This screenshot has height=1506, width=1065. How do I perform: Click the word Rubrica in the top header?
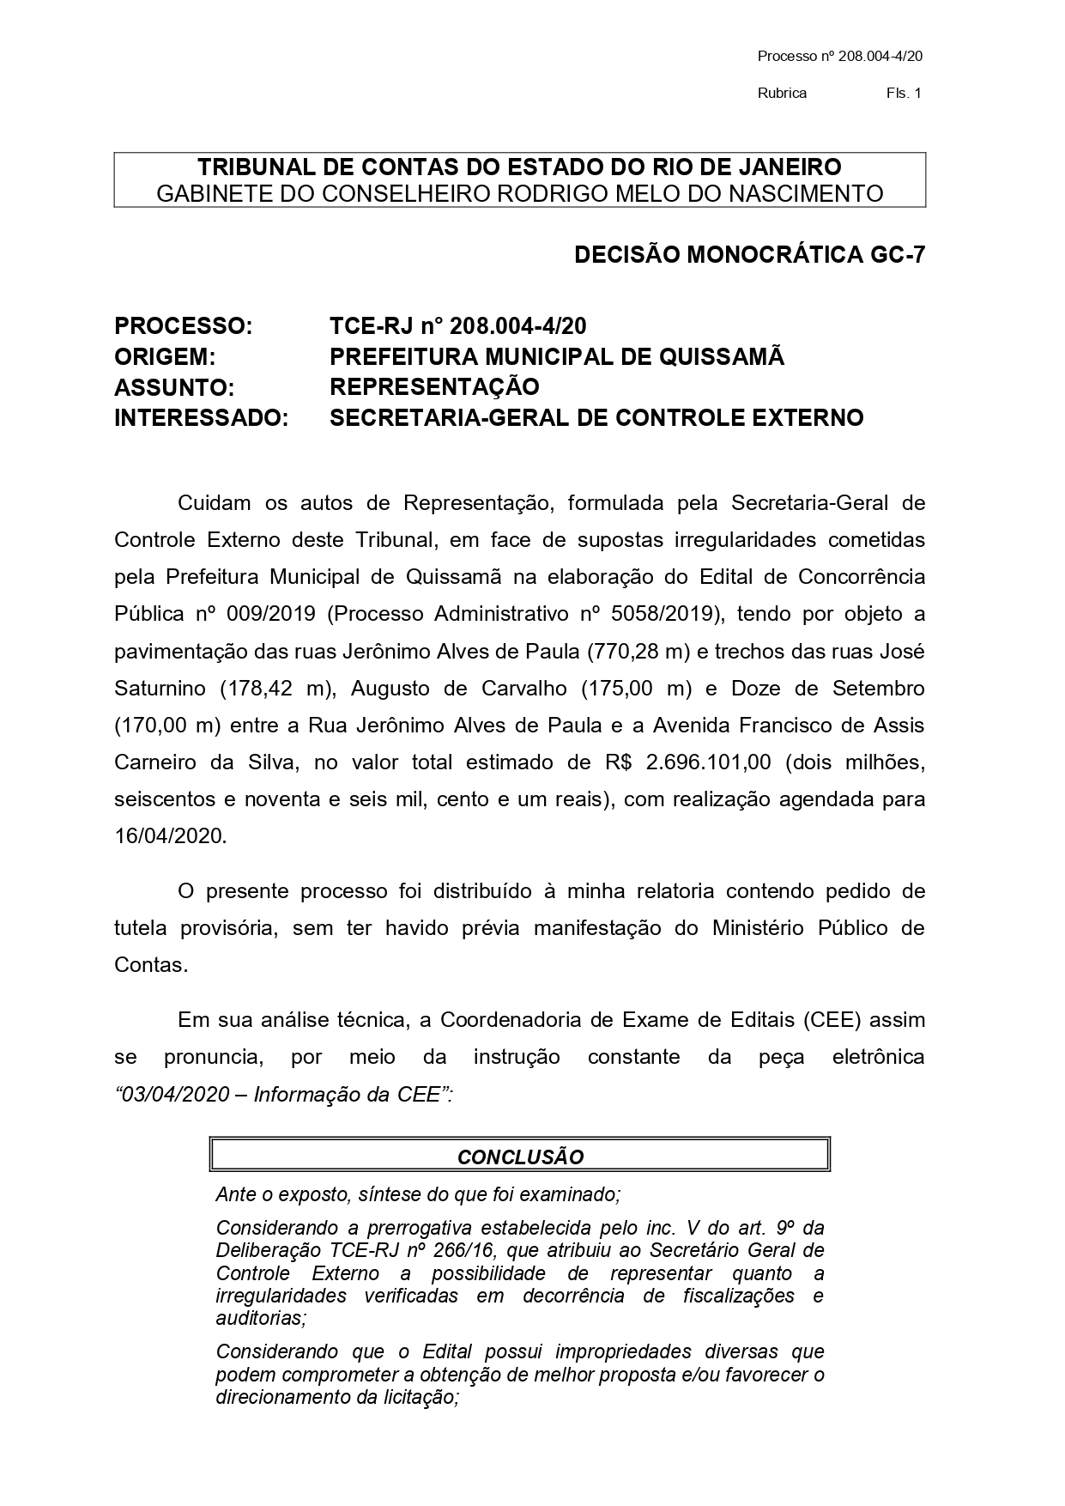point(782,94)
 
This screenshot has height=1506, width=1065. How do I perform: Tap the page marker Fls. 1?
point(904,94)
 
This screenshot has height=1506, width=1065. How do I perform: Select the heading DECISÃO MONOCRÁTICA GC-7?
point(749,255)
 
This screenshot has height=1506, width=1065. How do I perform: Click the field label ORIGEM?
point(165,357)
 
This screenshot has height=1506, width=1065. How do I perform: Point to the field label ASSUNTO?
point(174,388)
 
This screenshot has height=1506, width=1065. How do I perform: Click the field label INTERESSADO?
point(201,419)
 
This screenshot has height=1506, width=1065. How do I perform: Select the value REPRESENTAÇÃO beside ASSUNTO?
point(434,387)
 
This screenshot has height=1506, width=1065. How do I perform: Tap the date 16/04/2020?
point(171,836)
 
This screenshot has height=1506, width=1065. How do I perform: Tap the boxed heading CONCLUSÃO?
point(520,1157)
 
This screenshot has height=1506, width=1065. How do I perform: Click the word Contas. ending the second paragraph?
point(150,965)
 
